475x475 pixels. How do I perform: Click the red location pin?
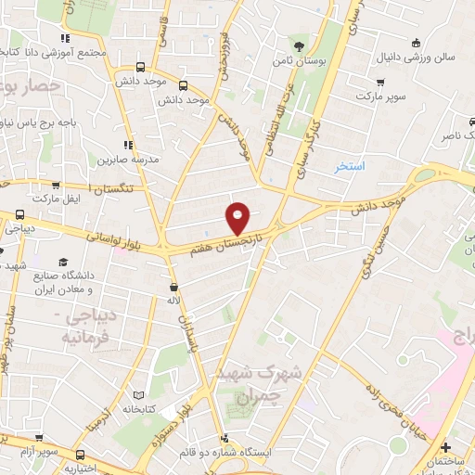pos(238,217)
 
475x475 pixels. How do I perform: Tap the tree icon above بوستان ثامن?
pos(299,46)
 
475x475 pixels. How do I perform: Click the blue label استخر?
pos(351,167)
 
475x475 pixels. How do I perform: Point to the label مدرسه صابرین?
pos(131,160)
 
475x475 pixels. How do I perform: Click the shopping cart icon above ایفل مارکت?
pos(57,186)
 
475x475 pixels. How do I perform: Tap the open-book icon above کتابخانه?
pos(139,393)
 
